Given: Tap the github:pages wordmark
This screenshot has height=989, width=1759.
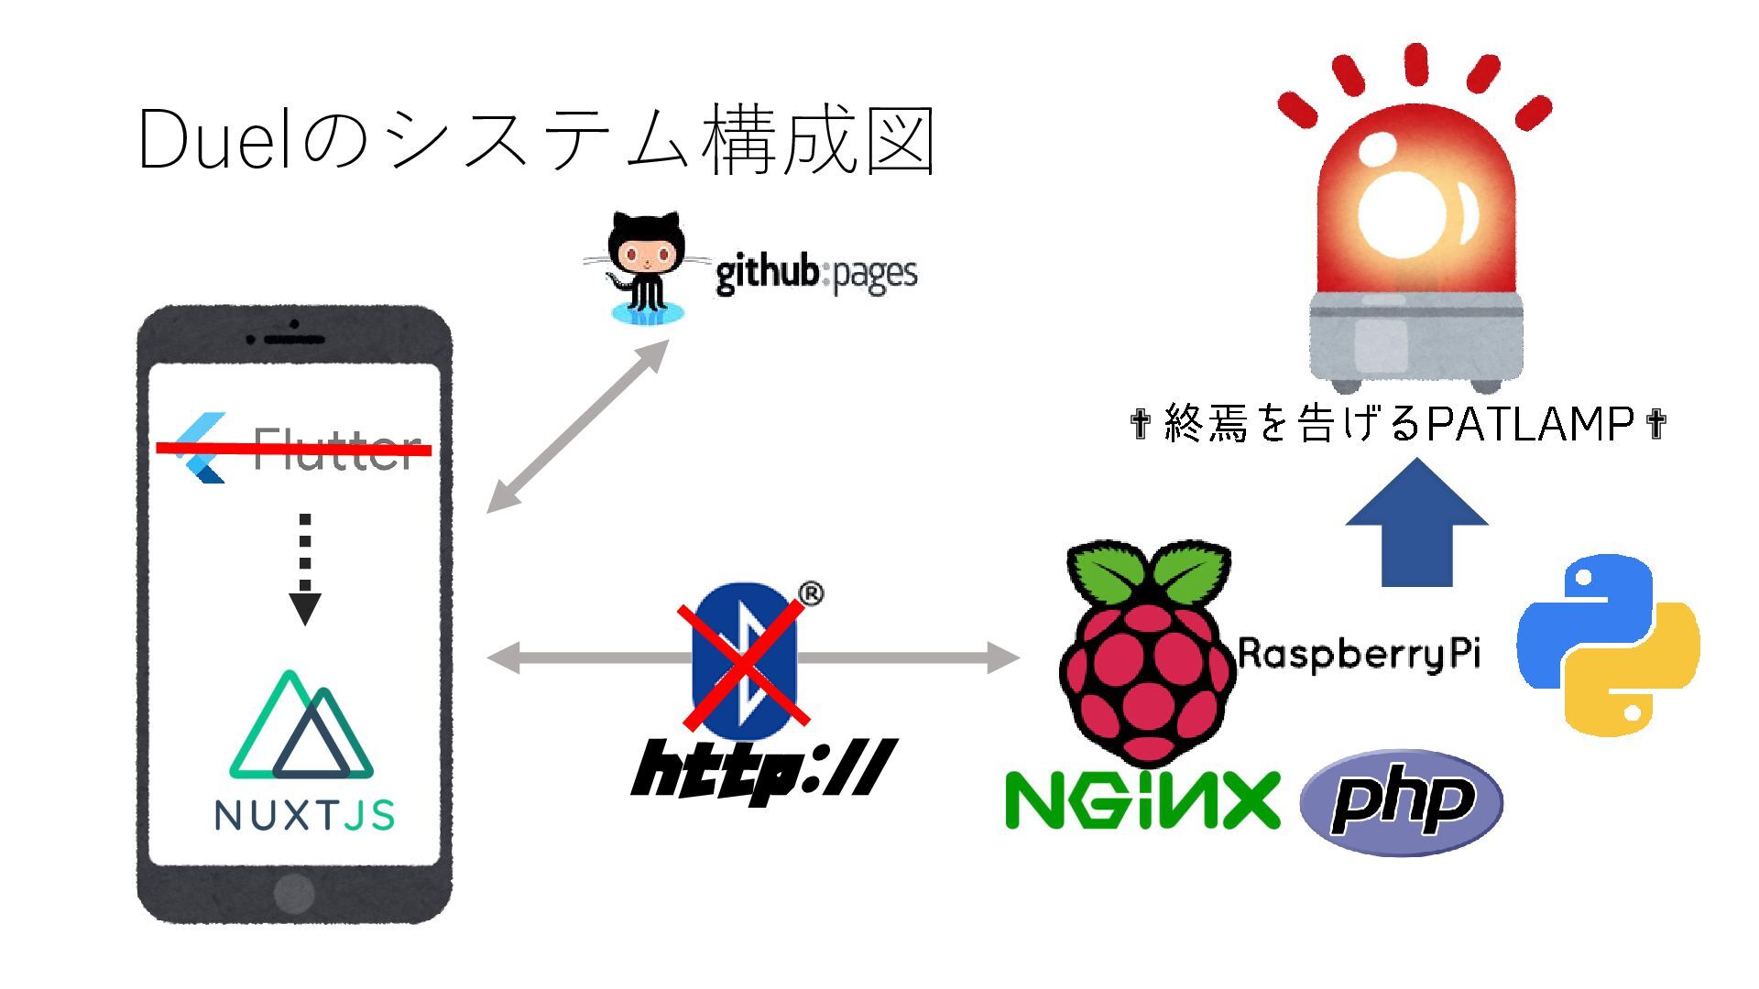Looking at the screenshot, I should point(815,274).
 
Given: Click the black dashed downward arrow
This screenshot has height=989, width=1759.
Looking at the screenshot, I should point(305,569).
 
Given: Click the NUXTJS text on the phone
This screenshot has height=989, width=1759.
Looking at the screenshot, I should point(304,815).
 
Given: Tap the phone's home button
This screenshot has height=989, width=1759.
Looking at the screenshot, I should point(294,891).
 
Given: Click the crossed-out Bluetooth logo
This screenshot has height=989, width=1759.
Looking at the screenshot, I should point(744,661).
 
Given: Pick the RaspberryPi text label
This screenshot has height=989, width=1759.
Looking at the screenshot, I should point(1359,653).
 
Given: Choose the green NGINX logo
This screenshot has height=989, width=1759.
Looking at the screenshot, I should point(1142,800).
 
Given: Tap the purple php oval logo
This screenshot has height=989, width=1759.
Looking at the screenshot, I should point(1402,801).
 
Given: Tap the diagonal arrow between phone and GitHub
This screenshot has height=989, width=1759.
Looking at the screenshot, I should point(577,426).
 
